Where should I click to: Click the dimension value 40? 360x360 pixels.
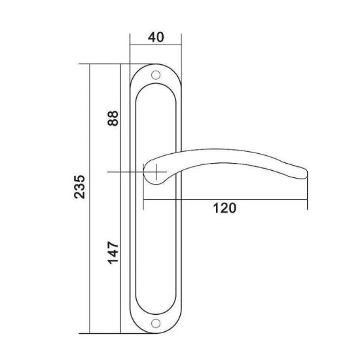coord(156,37)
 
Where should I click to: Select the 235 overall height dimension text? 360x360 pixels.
coord(80,187)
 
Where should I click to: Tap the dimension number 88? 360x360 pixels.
coord(113,118)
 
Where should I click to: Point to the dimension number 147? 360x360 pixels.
coord(113,253)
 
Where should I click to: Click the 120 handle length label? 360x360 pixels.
coord(225,208)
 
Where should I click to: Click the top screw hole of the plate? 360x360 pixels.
coord(156,75)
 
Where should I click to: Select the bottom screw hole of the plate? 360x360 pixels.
coord(156,323)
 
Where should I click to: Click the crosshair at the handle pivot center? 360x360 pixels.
coord(156,171)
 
